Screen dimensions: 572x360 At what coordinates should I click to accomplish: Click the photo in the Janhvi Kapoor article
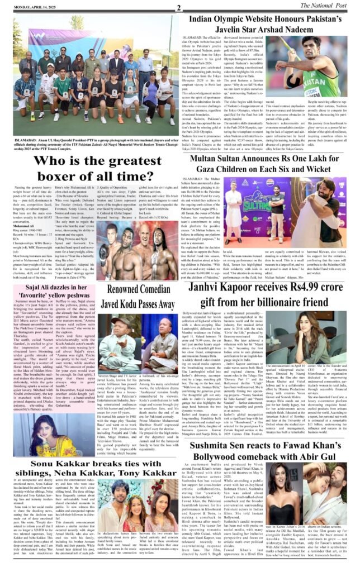click(x=320, y=357)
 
